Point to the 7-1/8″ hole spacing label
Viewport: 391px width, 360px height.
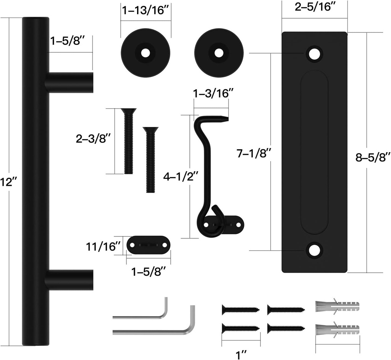point(254,154)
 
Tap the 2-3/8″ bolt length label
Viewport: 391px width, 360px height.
point(93,139)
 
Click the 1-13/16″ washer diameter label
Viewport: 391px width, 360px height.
point(145,10)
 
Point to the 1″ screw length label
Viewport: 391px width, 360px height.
point(241,355)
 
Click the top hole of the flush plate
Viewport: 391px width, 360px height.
point(314,54)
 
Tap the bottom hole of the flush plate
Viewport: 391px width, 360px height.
point(314,250)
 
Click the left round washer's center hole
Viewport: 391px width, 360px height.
point(145,53)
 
